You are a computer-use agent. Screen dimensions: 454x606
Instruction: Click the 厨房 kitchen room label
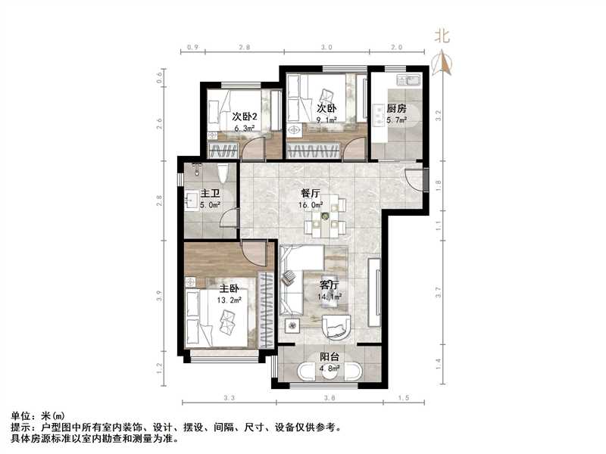pyautogui.click(x=396, y=108)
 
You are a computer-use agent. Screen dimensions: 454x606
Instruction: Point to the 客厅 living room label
pyautogui.click(x=329, y=285)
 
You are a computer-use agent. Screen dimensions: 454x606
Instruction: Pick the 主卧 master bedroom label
pyautogui.click(x=230, y=289)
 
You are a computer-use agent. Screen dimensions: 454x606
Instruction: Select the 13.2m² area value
pyautogui.click(x=230, y=299)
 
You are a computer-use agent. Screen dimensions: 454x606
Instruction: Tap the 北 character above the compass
pyautogui.click(x=442, y=35)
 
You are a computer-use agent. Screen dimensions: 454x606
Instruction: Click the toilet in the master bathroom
pyautogui.click(x=223, y=173)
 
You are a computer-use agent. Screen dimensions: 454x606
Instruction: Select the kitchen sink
pyautogui.click(x=413, y=79)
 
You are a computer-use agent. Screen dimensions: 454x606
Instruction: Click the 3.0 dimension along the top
pyautogui.click(x=326, y=48)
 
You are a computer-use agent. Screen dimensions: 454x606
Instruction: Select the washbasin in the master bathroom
pyautogui.click(x=192, y=201)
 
